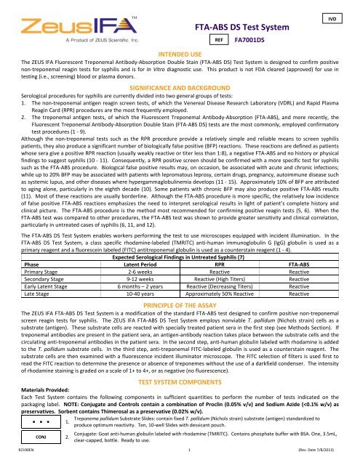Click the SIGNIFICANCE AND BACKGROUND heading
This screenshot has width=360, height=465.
click(x=180, y=86)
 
